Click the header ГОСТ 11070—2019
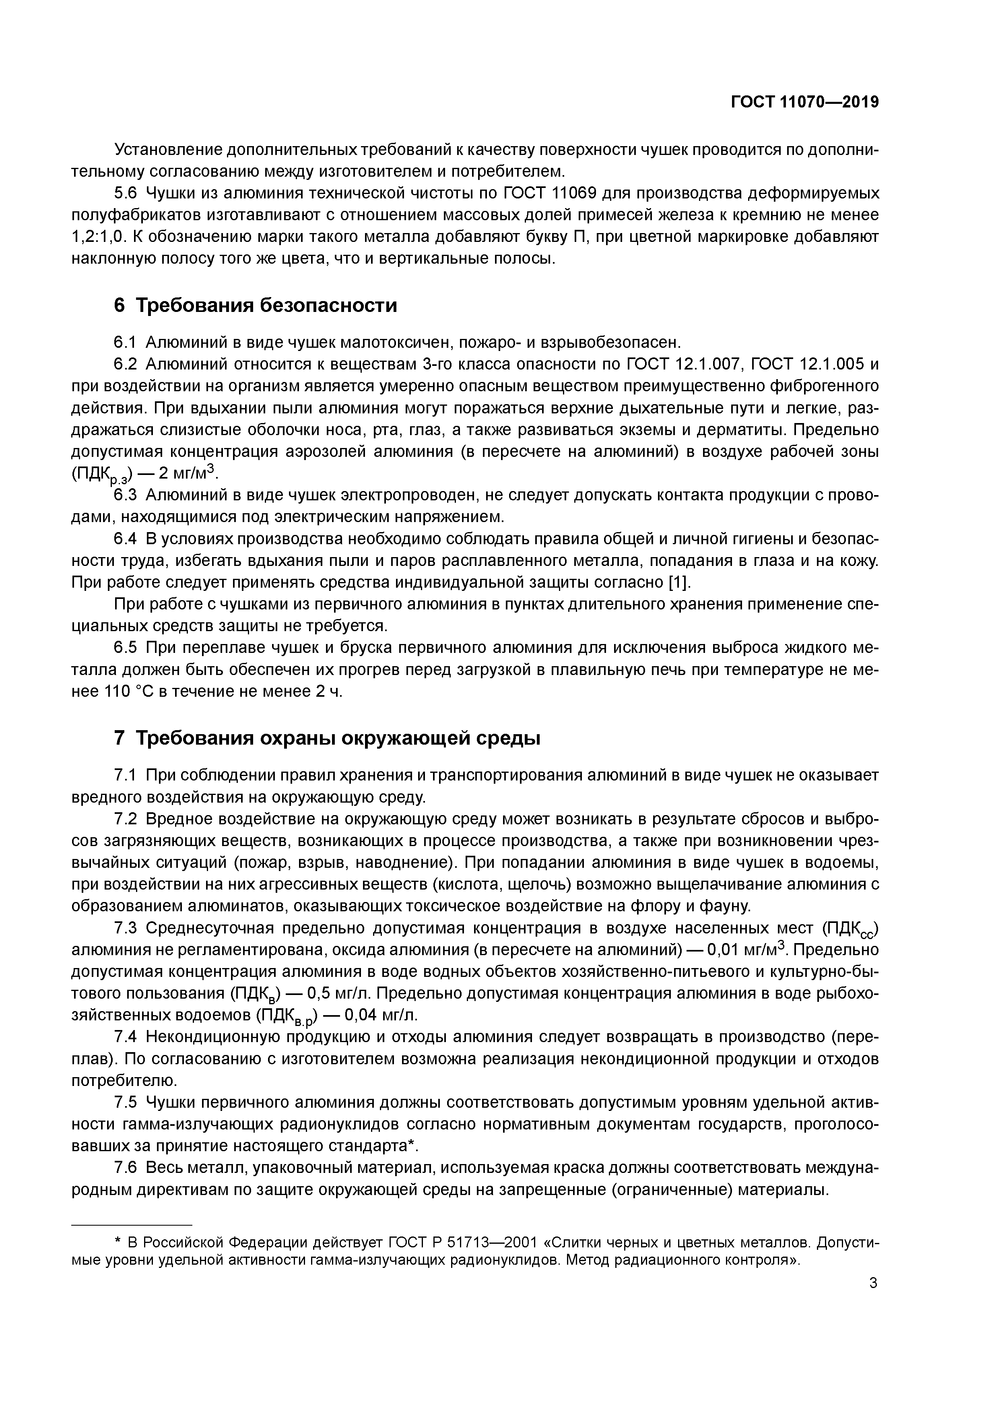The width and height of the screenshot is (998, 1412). click(804, 102)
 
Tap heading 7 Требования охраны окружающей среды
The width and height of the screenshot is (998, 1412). click(327, 737)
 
